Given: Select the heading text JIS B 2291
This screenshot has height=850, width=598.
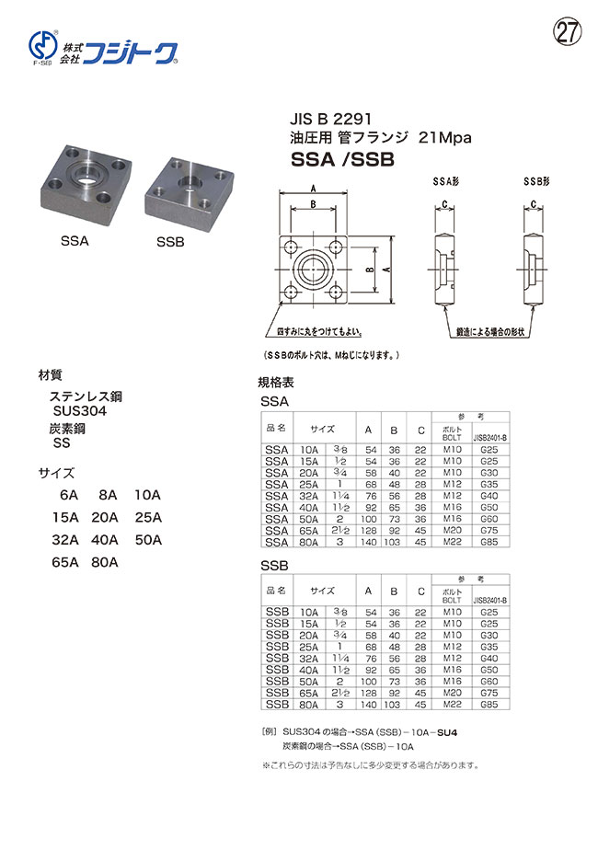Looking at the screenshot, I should (320, 120).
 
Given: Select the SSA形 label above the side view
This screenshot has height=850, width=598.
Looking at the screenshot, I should (445, 184).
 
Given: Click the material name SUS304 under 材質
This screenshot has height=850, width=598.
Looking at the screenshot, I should (80, 411).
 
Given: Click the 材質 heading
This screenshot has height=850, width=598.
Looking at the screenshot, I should (50, 376).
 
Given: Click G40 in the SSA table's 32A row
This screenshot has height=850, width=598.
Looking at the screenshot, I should (489, 495).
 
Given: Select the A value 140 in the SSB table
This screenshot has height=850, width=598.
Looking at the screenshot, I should (368, 704).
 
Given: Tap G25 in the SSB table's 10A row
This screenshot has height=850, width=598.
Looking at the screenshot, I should (489, 611).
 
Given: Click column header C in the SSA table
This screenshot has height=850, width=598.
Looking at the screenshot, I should (420, 429).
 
